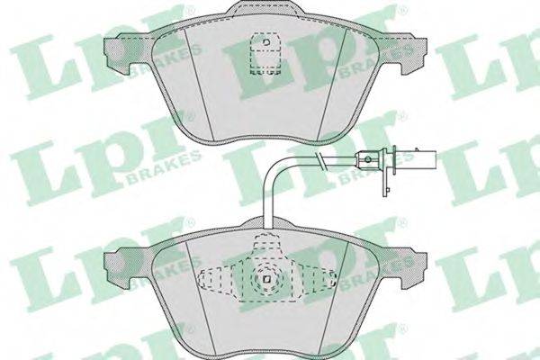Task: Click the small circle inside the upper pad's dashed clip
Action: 265,42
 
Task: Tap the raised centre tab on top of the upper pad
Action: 265,7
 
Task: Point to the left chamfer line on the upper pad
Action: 200,84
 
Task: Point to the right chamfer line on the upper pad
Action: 331,84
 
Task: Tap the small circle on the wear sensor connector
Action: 368,159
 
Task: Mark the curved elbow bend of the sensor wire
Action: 273,167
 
